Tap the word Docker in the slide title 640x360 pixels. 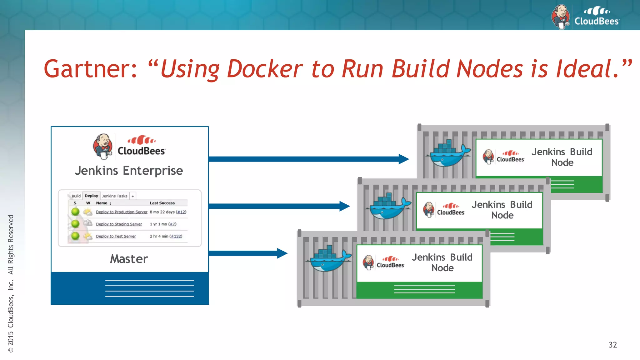pos(265,69)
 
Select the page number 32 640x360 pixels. pos(612,345)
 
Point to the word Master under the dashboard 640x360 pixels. pos(129,259)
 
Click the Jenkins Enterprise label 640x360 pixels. pos(129,171)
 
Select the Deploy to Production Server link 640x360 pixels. pos(122,212)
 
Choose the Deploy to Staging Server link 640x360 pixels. pos(119,224)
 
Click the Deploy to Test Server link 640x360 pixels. pos(116,236)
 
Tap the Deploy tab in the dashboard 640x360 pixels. pos(91,196)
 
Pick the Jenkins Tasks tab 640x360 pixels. pos(114,196)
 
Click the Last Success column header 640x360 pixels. pos(162,203)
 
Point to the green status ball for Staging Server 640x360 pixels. pos(75,224)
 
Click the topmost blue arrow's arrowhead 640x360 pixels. pos(404,159)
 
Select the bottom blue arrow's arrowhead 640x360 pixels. pos(282,253)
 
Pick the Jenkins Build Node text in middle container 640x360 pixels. pos(502,210)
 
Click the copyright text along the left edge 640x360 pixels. pos(11,283)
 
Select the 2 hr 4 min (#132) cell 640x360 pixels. pos(166,236)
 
